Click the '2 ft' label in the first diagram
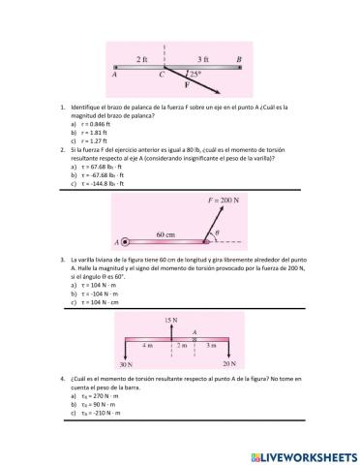point(142,59)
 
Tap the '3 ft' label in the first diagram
point(203,59)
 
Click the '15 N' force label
point(171,319)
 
